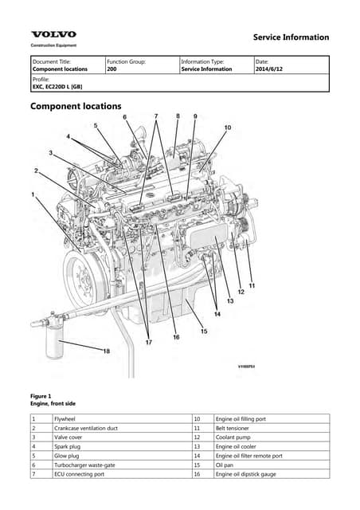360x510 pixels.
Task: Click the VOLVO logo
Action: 54,34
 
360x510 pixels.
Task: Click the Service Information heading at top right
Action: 290,37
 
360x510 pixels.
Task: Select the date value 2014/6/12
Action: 272,69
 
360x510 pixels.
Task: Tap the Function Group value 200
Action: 112,69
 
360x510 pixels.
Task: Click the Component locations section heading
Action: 76,106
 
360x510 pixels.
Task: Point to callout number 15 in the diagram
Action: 204,331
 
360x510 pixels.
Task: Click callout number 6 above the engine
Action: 125,117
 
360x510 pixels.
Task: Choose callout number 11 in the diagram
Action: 252,284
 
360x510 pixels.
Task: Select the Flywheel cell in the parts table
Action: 64,418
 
